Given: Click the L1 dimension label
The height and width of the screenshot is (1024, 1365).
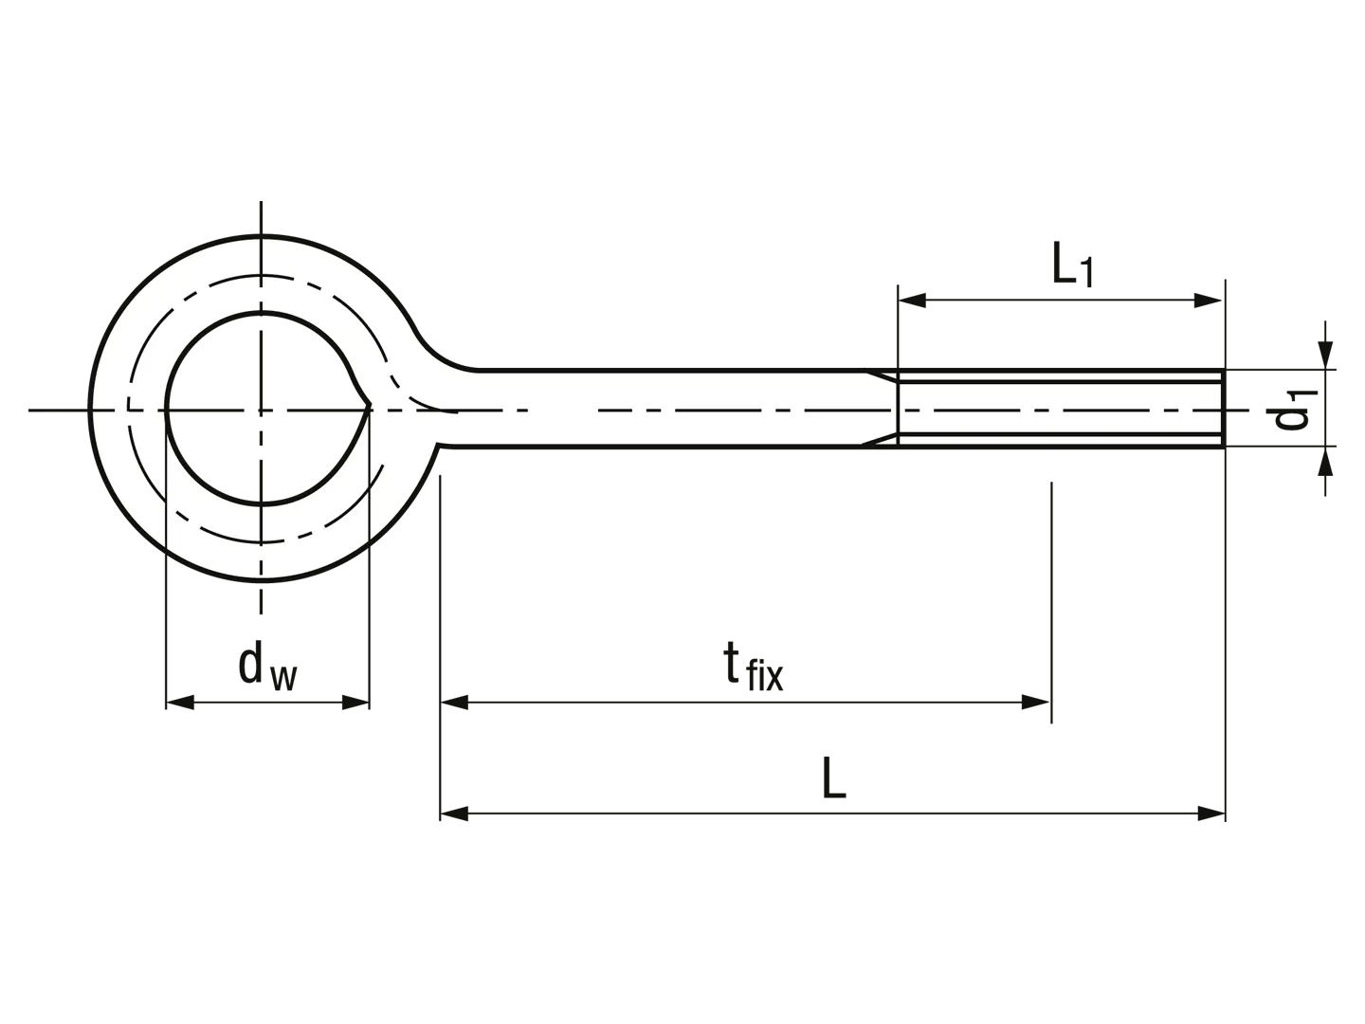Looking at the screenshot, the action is tap(1071, 265).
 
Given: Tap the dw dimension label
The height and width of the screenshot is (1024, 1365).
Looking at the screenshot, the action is tap(267, 667).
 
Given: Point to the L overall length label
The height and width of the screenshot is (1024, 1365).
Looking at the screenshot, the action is tap(834, 777).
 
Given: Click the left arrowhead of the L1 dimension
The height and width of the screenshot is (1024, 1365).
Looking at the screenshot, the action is tap(912, 301).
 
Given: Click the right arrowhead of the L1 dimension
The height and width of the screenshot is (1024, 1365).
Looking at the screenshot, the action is tap(1208, 301).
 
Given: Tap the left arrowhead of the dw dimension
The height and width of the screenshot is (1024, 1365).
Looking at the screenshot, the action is tap(180, 704).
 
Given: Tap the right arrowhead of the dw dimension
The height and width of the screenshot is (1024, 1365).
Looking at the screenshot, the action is tap(355, 704).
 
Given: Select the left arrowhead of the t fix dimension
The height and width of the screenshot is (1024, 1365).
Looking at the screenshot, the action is tap(455, 704).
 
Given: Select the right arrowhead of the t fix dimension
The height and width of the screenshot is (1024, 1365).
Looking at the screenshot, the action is tap(1036, 704).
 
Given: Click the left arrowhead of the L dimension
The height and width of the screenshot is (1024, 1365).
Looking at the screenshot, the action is tap(455, 814).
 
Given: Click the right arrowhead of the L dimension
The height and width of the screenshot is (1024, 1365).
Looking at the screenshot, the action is tap(1210, 814).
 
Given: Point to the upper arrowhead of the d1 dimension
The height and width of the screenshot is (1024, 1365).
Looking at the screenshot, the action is tap(1326, 355).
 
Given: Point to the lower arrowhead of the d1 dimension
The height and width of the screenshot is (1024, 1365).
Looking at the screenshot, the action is tap(1326, 461).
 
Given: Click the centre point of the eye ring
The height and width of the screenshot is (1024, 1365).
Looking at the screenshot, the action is tap(261, 410).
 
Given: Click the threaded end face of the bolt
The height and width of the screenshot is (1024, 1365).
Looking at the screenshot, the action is tap(1224, 408).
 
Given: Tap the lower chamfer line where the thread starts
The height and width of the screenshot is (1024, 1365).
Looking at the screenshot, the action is tap(880, 440).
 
